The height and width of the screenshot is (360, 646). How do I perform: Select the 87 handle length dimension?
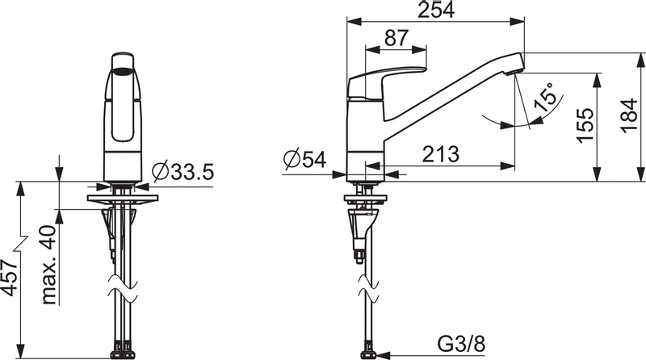click(396, 39)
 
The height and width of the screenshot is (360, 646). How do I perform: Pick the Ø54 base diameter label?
click(304, 160)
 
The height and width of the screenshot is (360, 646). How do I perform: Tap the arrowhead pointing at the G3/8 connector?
click(384, 353)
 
